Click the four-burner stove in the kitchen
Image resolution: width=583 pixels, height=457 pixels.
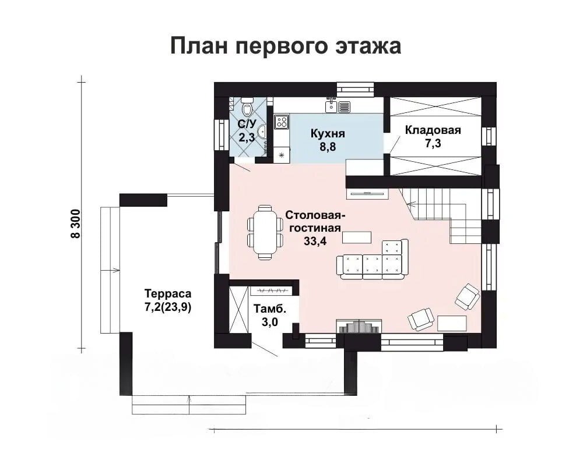[x=282, y=122]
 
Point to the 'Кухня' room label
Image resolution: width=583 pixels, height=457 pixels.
[x=328, y=133]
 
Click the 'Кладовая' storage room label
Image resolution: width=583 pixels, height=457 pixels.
[x=433, y=130]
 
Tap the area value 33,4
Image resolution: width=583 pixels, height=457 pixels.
[x=315, y=241]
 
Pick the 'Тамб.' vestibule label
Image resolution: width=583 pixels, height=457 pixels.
[x=270, y=309]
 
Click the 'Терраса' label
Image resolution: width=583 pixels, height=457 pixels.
[x=168, y=293]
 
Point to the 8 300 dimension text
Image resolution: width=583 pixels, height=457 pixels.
[x=75, y=224]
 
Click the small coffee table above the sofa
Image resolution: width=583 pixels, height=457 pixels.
[x=357, y=237]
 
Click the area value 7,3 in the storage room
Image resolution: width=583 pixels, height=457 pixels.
[x=433, y=143]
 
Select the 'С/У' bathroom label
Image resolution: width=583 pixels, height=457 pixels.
[x=247, y=124]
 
